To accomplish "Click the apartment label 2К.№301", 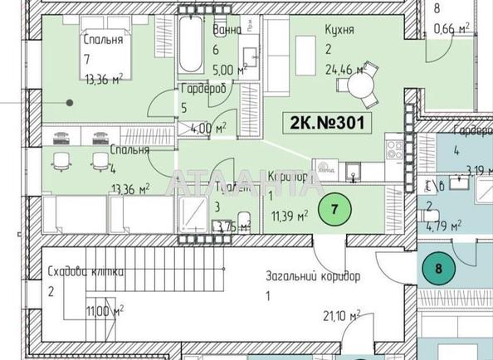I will (x=325, y=123).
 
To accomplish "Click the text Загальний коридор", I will (x=312, y=276).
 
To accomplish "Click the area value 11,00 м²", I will (x=105, y=311).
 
